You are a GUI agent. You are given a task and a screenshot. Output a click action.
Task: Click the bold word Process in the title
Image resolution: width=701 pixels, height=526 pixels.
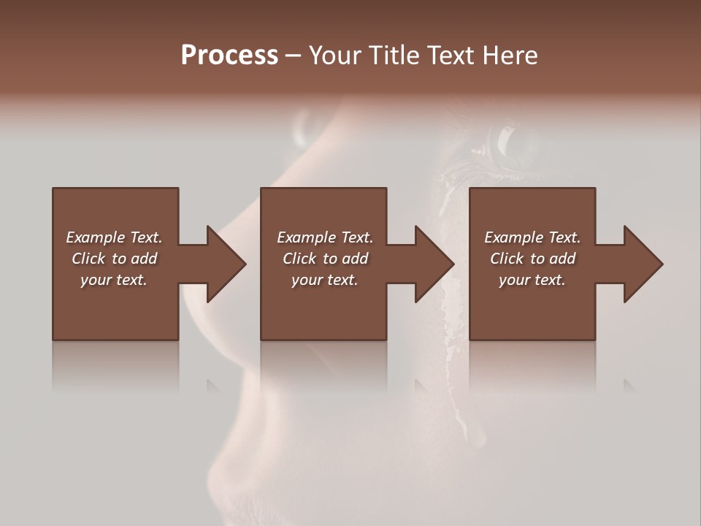pyautogui.click(x=229, y=56)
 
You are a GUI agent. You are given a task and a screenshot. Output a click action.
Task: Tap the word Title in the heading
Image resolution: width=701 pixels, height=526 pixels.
pyautogui.click(x=395, y=56)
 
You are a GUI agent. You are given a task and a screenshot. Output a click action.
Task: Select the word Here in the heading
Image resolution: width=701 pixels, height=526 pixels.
pyautogui.click(x=509, y=56)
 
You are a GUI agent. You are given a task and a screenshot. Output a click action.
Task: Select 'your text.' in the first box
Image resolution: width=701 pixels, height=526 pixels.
pyautogui.click(x=114, y=280)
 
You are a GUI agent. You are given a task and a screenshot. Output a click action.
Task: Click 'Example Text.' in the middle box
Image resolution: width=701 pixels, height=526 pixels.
pyautogui.click(x=325, y=237)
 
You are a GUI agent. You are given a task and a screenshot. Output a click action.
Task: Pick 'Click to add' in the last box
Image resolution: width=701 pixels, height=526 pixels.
pyautogui.click(x=532, y=259)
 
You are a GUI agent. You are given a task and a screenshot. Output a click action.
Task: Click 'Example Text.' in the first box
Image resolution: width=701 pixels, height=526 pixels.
pyautogui.click(x=114, y=237)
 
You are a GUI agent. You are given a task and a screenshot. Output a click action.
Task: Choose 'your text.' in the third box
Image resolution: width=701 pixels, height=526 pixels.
pyautogui.click(x=532, y=280)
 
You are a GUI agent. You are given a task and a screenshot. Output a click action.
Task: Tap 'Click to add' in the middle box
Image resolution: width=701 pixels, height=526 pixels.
pyautogui.click(x=325, y=259)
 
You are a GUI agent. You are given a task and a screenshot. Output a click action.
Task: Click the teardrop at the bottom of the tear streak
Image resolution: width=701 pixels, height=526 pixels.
pyautogui.click(x=476, y=435)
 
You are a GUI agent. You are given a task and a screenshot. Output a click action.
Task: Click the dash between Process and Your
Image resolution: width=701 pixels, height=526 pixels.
pyautogui.click(x=294, y=56)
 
